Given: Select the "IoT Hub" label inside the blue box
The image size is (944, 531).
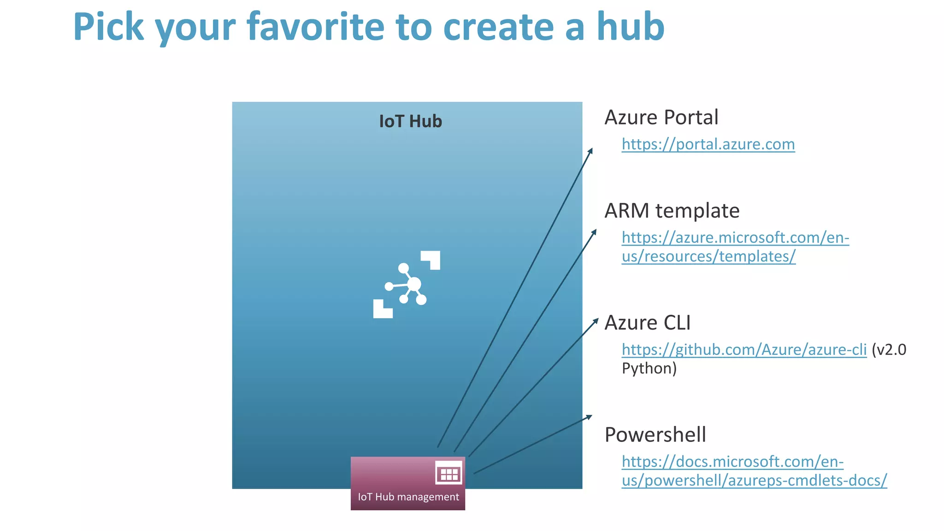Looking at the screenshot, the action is (410, 121).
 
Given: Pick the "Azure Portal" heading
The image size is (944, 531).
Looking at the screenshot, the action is (661, 117).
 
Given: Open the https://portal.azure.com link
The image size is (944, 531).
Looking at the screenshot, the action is (708, 144).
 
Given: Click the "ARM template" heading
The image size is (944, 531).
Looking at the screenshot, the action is (672, 211).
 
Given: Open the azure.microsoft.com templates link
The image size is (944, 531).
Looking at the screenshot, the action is (735, 247).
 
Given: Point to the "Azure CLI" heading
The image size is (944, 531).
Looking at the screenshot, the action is (647, 323).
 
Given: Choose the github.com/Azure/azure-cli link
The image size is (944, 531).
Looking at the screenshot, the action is (744, 350).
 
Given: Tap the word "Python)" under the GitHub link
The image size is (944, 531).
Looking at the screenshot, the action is (649, 368).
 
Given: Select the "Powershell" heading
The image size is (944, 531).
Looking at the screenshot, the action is (655, 435).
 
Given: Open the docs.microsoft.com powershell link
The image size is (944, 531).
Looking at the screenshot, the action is (754, 471).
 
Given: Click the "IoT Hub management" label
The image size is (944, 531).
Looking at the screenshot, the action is (408, 497).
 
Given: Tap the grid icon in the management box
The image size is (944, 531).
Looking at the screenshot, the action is (448, 473).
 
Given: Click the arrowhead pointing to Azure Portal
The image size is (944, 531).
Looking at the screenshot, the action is (590, 151).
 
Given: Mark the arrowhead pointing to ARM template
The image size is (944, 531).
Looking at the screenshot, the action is (594, 231).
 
